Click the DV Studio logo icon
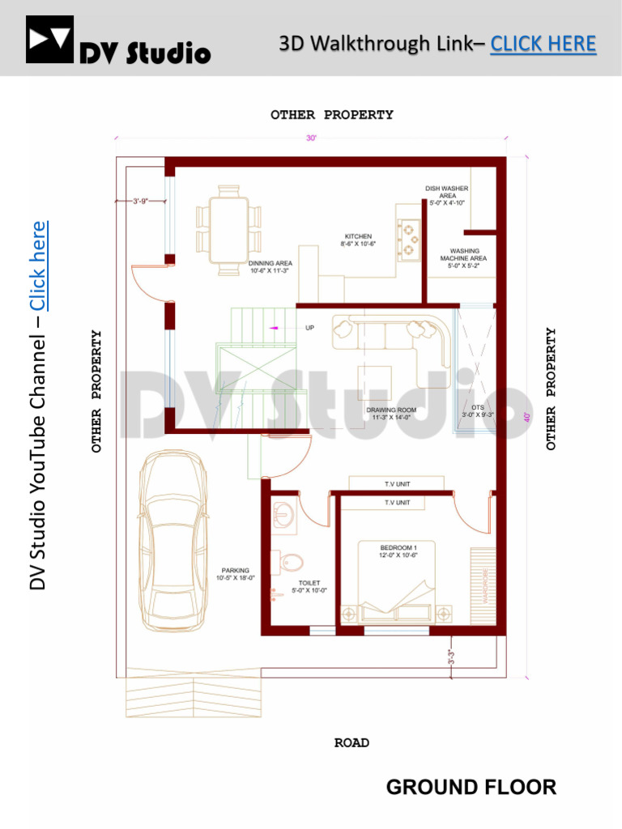tap(49, 40)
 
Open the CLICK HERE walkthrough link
tap(543, 44)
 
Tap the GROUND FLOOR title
tap(471, 786)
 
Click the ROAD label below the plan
tap(351, 742)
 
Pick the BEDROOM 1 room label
tap(397, 550)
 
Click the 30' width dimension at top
tap(311, 138)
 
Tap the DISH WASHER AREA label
tap(447, 195)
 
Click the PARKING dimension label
tap(235, 574)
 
